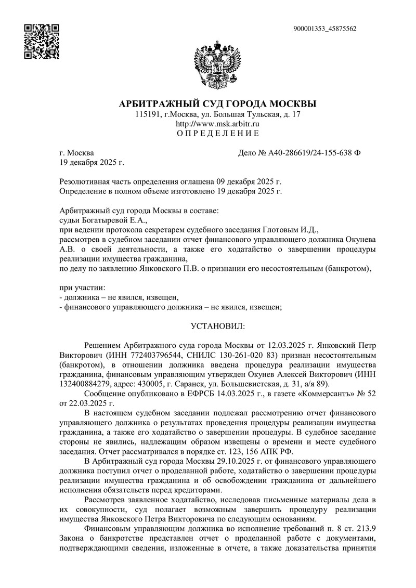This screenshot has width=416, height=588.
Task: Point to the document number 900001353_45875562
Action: pyautogui.click(x=324, y=29)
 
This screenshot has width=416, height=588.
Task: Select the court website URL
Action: pyautogui.click(x=217, y=124)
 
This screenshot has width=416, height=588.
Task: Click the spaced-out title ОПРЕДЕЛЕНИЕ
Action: pyautogui.click(x=217, y=134)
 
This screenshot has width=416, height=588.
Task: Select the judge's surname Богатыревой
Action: pyautogui.click(x=105, y=219)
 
